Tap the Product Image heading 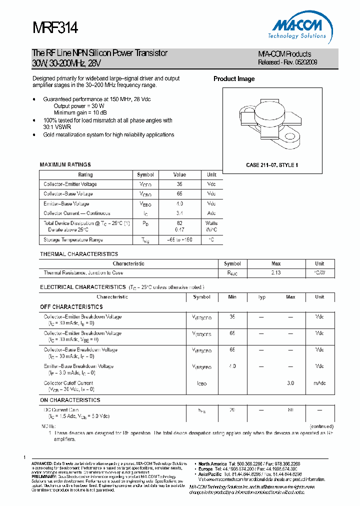click(234, 79)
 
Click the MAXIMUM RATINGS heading click(65, 164)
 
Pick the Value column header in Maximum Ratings click(179, 175)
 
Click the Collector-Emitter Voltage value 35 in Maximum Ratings click(179, 184)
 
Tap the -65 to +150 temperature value click(179, 240)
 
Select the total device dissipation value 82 click(179, 223)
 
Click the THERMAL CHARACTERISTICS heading click(79, 254)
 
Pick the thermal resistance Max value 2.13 click(276, 273)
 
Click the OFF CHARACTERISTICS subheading click(71, 307)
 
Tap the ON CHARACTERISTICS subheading click(70, 400)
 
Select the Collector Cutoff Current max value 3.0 click(290, 383)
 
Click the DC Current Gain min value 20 click(232, 409)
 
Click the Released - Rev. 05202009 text click(287, 62)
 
